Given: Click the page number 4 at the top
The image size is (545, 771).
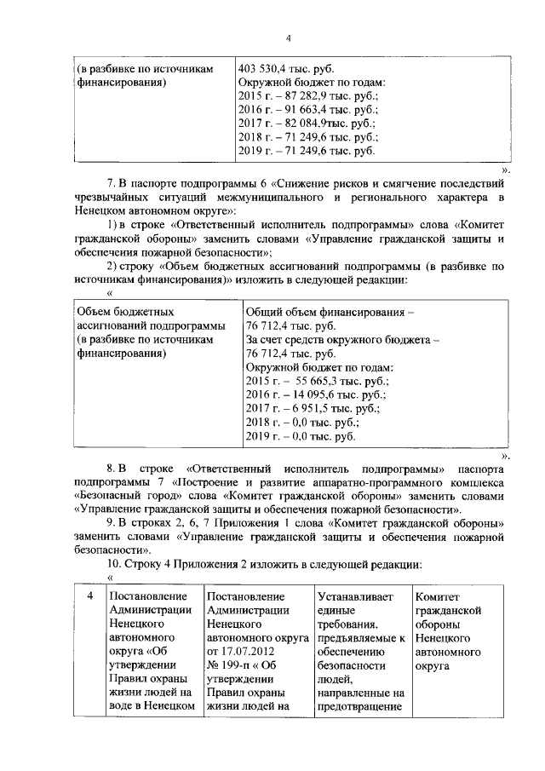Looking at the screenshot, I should click(288, 38).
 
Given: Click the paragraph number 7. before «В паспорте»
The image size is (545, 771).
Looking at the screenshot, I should click(111, 182).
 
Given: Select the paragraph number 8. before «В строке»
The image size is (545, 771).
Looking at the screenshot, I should click(111, 469).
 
